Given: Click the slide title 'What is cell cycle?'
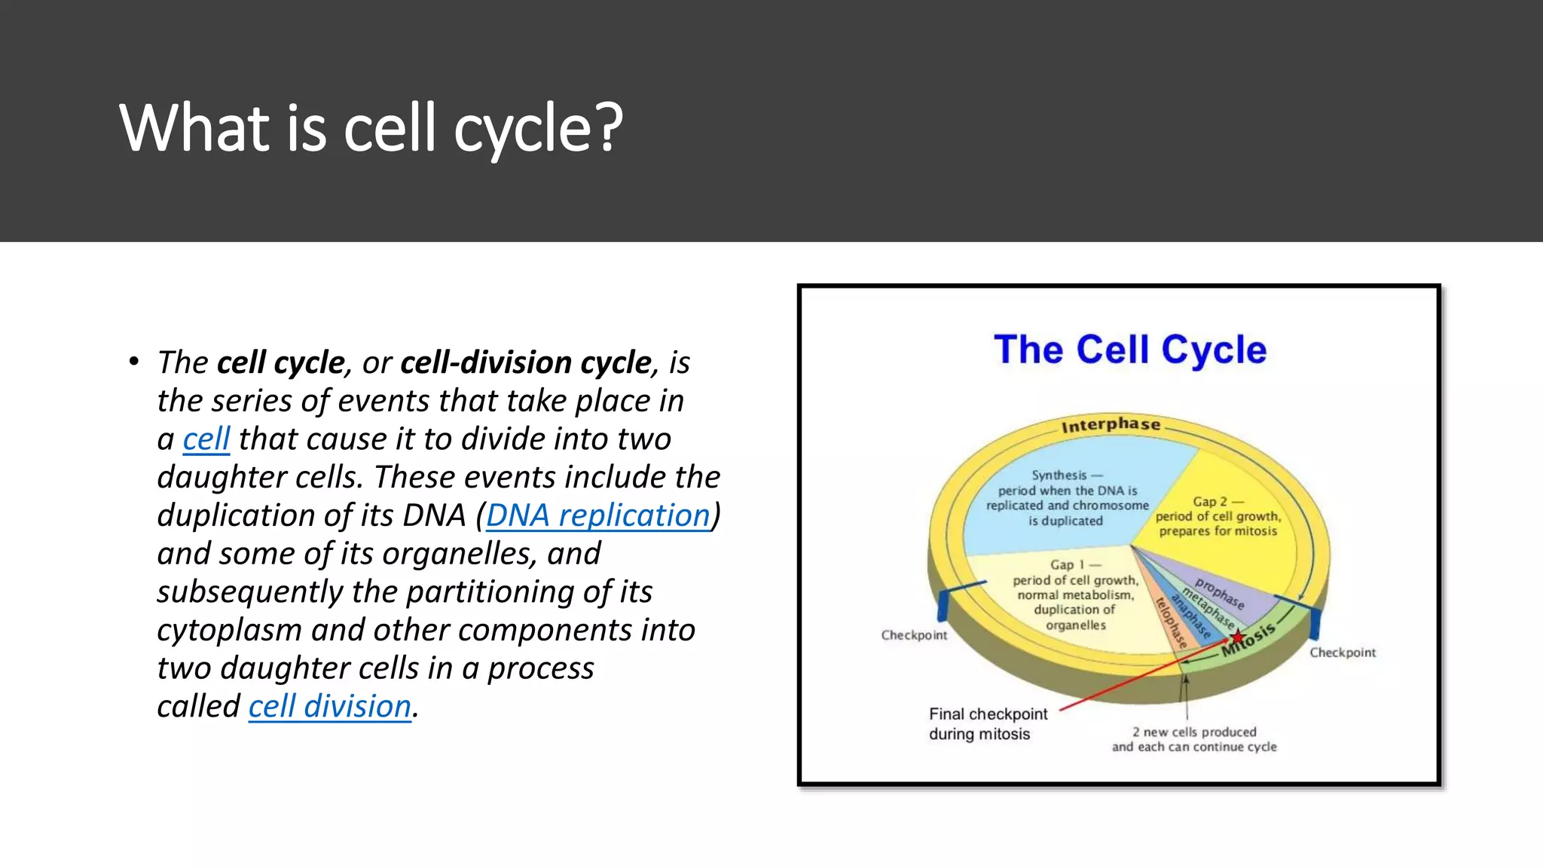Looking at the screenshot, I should click(371, 128).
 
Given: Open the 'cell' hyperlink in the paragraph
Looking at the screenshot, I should click(206, 439).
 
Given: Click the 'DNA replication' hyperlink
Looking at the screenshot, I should click(597, 516).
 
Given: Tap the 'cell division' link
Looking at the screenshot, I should click(329, 707).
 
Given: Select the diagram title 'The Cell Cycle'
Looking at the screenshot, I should click(1129, 350).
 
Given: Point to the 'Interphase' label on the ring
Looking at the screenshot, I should click(1111, 426).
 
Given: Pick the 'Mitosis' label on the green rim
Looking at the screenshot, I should click(1248, 640).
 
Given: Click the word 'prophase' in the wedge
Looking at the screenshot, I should click(1219, 594).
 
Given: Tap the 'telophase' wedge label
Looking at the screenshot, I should click(1171, 622).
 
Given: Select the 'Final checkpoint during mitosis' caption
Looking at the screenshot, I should click(987, 723).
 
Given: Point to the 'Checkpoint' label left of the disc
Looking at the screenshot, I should click(914, 635).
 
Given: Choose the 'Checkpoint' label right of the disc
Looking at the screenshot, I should click(1342, 653).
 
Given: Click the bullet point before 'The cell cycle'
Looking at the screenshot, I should click(133, 362).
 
